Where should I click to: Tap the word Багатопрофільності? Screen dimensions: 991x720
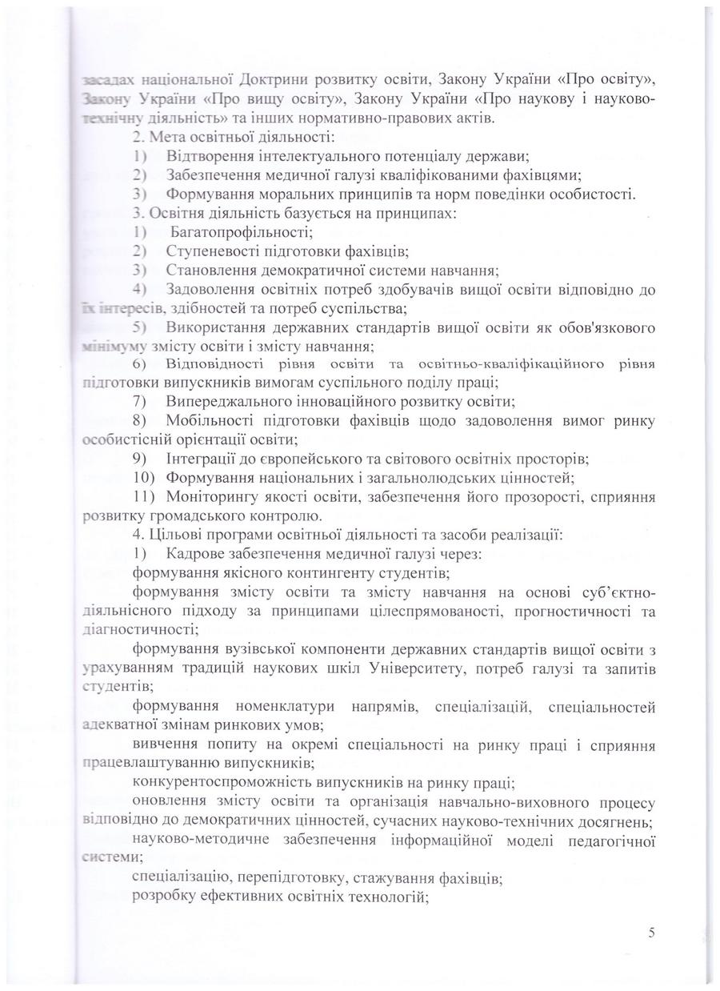pyautogui.click(x=241, y=232)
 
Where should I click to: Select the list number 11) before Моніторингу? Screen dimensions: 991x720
pyautogui.click(x=145, y=496)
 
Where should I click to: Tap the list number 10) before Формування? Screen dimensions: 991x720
pyautogui.click(x=145, y=478)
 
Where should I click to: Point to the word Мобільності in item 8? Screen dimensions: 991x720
pyautogui.click(x=208, y=420)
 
